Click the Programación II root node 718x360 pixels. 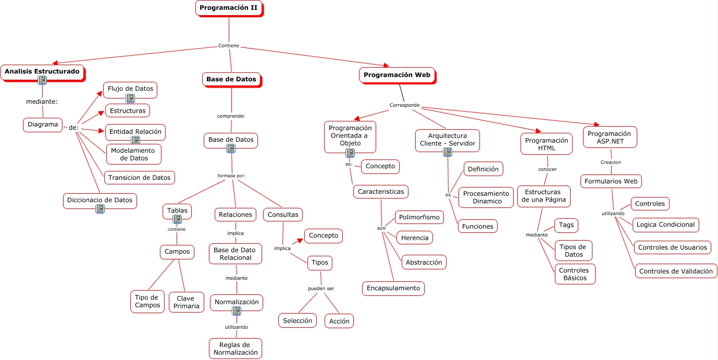click(x=228, y=8)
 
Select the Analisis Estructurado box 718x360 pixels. click(x=42, y=71)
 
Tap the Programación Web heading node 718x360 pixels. click(x=397, y=75)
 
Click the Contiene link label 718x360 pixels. click(x=228, y=46)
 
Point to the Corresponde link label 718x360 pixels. click(x=404, y=105)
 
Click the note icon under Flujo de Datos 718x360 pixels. click(x=130, y=98)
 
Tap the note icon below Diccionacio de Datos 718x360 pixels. click(x=100, y=209)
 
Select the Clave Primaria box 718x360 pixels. click(x=187, y=302)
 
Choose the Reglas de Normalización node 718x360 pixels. click(x=235, y=349)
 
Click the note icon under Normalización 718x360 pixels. click(x=237, y=311)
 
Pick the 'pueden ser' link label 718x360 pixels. click(x=321, y=288)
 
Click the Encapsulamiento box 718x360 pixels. click(x=393, y=288)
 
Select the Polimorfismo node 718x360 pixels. click(x=419, y=217)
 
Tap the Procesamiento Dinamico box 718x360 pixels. click(x=486, y=197)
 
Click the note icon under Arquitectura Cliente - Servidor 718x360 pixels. click(x=447, y=152)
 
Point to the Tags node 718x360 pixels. click(x=566, y=225)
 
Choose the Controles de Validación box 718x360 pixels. click(x=675, y=271)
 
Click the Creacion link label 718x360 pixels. click(x=611, y=162)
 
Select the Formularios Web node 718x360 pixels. click(x=611, y=181)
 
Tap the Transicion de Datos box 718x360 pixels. click(x=139, y=178)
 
